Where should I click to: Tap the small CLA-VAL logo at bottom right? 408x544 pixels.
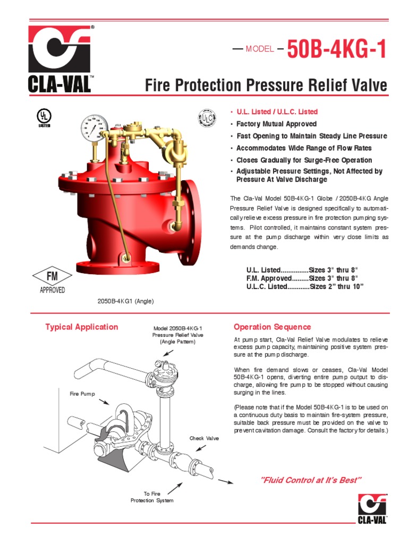[372, 508]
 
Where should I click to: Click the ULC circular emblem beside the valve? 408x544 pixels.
[207, 118]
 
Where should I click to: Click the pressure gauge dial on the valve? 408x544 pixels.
[93, 127]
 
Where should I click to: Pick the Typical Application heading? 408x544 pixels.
[82, 327]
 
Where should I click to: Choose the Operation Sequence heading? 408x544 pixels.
[273, 327]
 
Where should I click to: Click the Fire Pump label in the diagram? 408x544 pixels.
[82, 394]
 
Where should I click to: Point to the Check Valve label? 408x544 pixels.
[204, 438]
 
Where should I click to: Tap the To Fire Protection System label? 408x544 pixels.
[152, 497]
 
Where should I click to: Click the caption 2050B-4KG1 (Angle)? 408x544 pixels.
[125, 301]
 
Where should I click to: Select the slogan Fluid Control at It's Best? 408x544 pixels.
[311, 480]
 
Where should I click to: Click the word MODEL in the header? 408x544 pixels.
[260, 49]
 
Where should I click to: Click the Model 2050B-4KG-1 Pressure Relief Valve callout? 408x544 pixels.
[178, 335]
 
